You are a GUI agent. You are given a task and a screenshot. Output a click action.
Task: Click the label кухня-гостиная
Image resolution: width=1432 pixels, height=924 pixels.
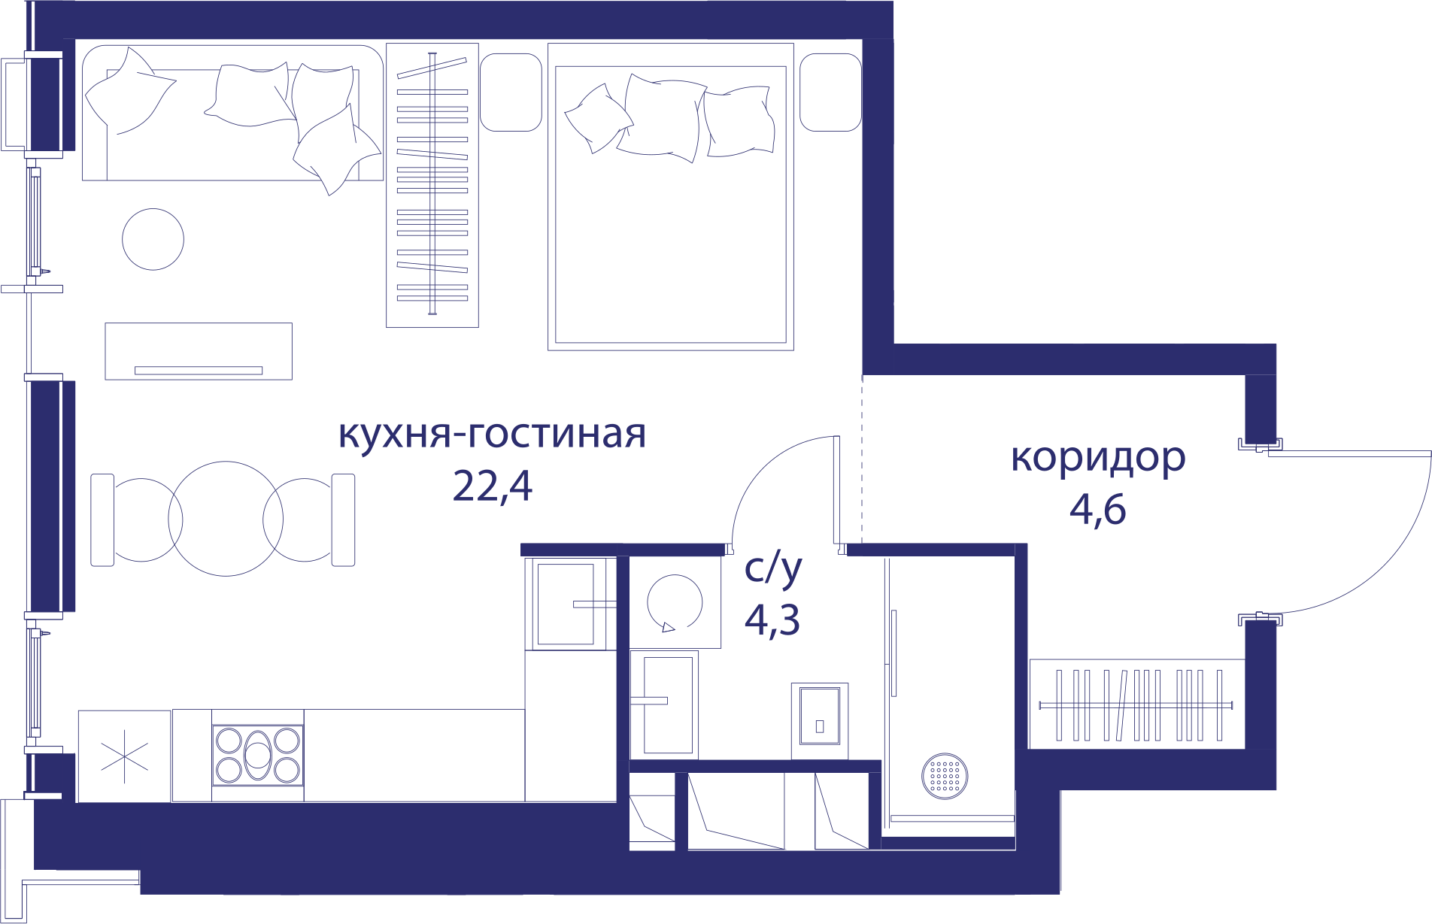coord(492,434)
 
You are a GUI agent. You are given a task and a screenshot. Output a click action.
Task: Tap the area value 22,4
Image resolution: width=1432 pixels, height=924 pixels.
coord(493,486)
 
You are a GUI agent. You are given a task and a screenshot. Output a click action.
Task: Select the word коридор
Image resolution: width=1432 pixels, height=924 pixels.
coord(1098,459)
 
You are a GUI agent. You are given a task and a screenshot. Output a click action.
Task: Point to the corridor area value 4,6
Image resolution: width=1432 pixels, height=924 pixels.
coord(1098,509)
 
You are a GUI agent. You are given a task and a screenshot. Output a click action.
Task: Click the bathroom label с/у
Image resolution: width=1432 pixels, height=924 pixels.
coord(773,569)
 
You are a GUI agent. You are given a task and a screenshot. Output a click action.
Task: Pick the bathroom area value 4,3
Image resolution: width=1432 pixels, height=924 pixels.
coord(772,620)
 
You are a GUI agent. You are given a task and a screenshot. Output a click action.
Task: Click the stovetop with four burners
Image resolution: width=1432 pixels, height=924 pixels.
coord(258,755)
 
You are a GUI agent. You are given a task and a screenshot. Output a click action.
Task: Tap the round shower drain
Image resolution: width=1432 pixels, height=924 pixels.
coord(945,776)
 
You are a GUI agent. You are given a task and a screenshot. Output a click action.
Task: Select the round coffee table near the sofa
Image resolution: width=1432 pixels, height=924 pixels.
coord(153,239)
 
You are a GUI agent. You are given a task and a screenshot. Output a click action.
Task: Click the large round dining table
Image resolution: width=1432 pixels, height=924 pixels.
coord(226,519)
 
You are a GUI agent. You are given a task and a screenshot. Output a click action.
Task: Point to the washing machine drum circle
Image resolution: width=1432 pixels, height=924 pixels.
coord(675,602)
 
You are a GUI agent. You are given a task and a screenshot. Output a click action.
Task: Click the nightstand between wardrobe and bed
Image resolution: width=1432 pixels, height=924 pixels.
coord(511,92)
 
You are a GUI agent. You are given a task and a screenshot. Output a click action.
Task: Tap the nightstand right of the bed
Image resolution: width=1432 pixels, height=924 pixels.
coord(830,92)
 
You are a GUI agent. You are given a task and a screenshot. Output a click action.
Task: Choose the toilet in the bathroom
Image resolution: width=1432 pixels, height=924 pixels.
coord(820,721)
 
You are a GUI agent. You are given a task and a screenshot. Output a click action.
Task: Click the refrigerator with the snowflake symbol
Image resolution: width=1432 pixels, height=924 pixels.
coord(124,756)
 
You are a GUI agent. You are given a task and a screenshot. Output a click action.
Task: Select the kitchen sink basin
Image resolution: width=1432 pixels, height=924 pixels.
coord(566,604)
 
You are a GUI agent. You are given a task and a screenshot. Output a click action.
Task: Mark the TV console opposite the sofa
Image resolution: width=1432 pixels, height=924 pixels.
coord(199,351)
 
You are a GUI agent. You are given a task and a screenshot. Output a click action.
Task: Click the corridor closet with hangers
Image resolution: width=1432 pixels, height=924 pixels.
coord(1136,704)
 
